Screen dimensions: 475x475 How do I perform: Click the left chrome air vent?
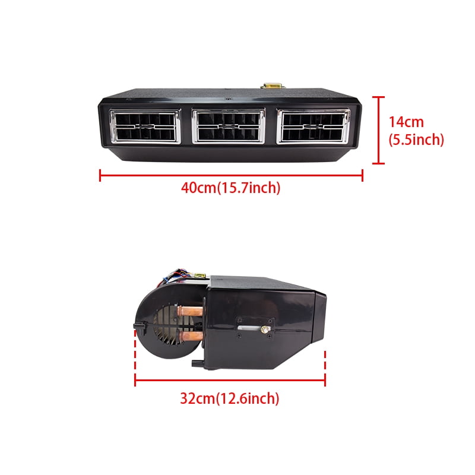145,126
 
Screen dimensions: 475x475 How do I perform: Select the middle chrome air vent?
229,126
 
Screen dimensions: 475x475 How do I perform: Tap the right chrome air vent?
313,126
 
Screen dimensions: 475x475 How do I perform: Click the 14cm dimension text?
406,122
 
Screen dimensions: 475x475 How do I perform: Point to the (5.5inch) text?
416,140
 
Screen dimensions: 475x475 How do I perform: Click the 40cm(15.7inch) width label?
230,188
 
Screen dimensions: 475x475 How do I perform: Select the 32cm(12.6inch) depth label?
229,398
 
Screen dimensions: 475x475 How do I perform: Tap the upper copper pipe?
190,311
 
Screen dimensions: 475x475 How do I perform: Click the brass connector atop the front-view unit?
273,85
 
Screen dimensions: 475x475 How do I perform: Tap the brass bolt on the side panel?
265,328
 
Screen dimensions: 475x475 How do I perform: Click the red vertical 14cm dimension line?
378,130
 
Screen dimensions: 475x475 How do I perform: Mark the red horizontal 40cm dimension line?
231,175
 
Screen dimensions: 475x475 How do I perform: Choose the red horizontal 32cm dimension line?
230,379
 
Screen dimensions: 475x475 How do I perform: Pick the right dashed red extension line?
325,362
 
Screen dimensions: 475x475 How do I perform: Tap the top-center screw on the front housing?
229,99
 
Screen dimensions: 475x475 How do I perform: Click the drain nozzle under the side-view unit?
198,363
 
